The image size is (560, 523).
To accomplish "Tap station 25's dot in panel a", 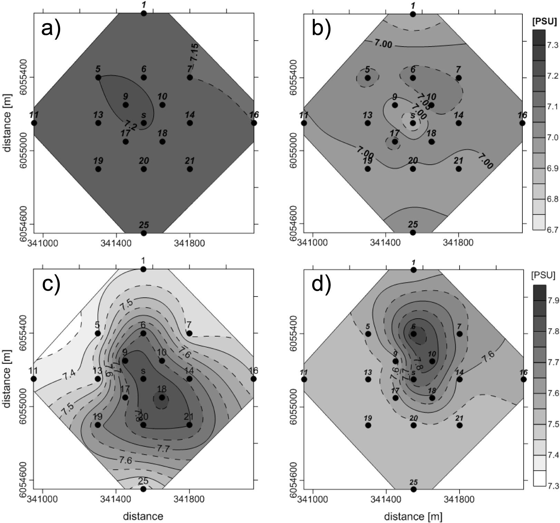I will click(x=144, y=233).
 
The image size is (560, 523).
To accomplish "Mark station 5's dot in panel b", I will click(x=368, y=78).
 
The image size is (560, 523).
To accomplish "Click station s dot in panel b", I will click(x=413, y=123).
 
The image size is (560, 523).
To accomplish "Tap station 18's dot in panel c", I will click(x=162, y=397).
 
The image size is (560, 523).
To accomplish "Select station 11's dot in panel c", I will click(x=34, y=379).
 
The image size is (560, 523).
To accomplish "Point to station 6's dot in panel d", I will click(x=414, y=334).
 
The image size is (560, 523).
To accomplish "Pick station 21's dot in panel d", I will click(x=459, y=425).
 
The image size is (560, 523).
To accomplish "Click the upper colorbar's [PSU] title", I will click(x=545, y=22).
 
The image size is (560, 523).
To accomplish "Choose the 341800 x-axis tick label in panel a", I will click(x=189, y=243).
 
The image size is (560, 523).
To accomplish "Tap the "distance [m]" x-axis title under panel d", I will click(x=413, y=516).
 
